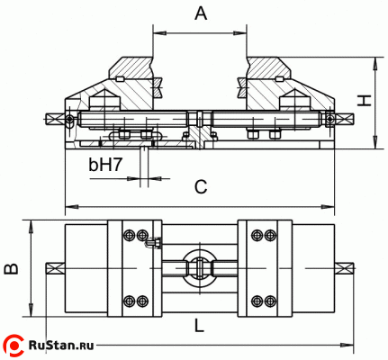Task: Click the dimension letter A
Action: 201,13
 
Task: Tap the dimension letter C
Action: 201,187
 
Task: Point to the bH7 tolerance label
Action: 105,165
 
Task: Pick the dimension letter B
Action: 12,267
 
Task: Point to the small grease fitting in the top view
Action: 154,241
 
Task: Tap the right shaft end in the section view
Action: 343,118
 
